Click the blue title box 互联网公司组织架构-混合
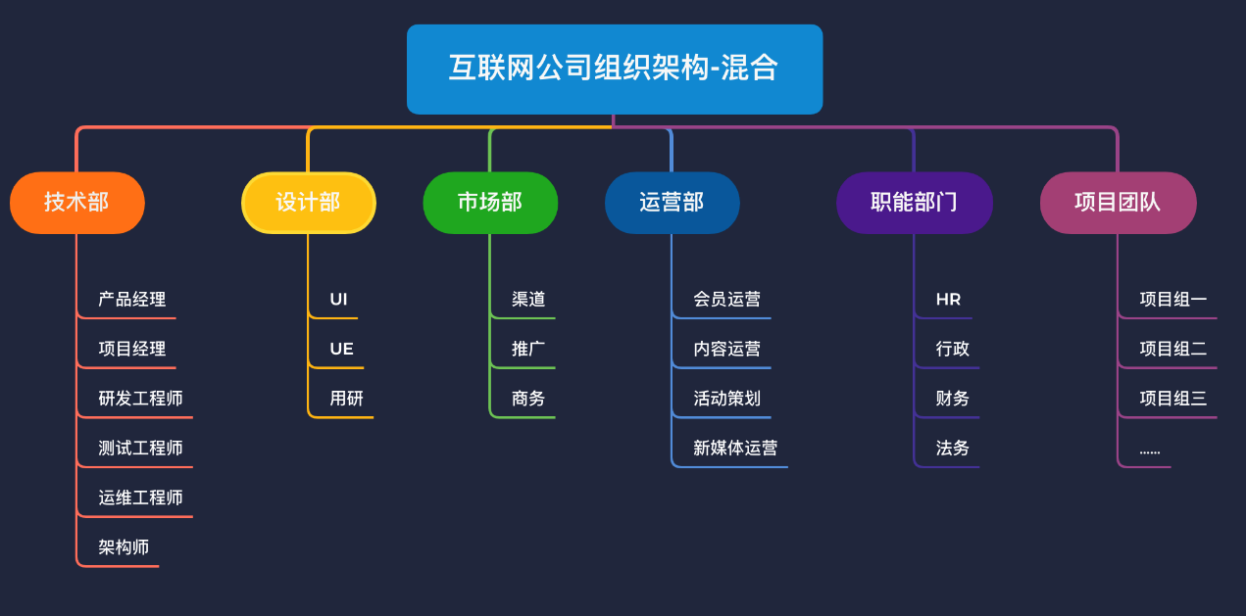614,69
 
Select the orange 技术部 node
77,203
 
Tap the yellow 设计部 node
309,203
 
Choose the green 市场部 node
490,203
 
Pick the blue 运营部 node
672,203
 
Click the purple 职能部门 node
914,203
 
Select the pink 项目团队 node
1118,203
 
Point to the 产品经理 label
132,300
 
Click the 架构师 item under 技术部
124,547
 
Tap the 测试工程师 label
140,449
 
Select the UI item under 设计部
338,300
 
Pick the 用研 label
346,399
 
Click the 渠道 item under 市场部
528,300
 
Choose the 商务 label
528,399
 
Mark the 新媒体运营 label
735,449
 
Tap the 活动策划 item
726,399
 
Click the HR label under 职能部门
948,300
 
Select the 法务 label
953,449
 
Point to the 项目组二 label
1173,349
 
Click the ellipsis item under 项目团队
1150,450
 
